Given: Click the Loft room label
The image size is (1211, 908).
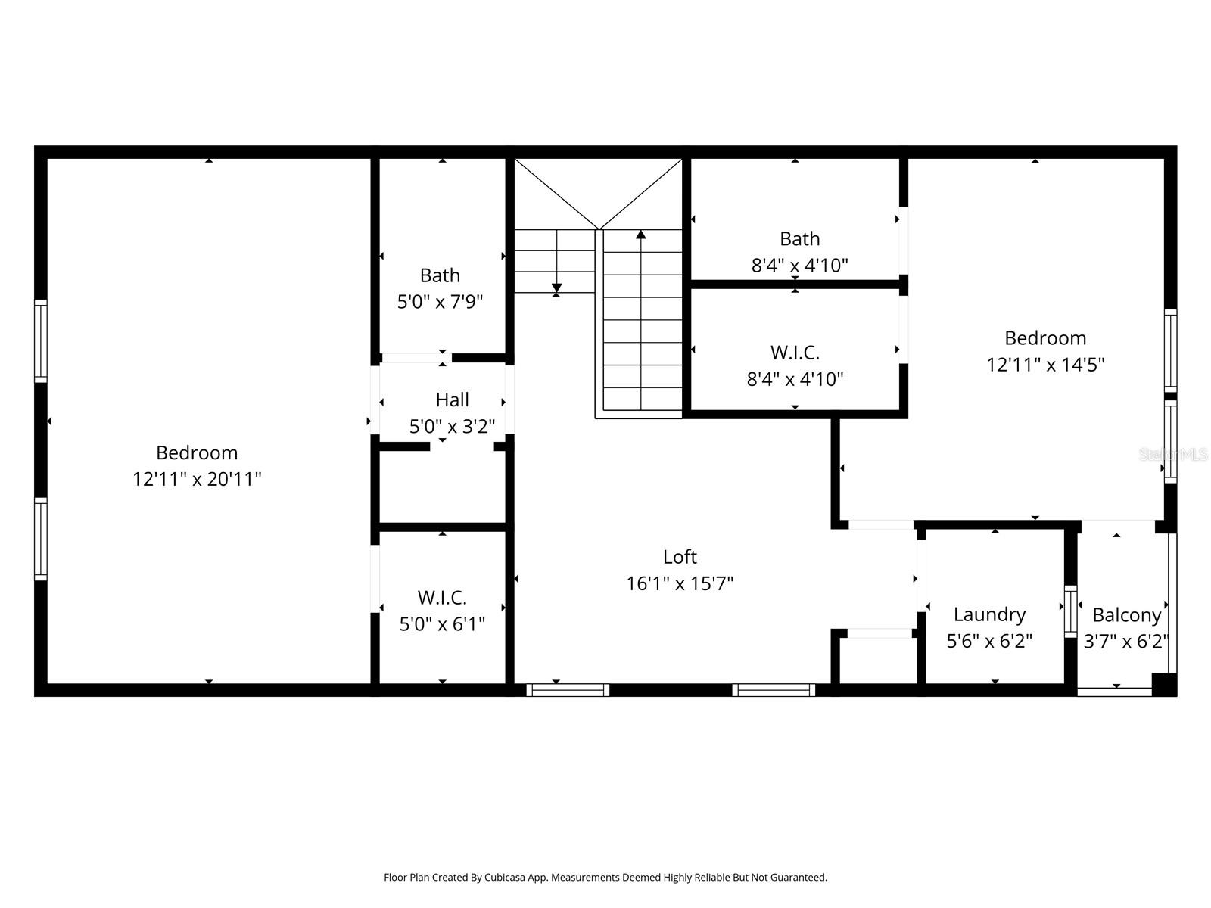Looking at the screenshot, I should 679,557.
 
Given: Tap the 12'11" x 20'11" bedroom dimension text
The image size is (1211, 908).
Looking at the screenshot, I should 197,479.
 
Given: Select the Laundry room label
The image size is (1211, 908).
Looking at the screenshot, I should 989,614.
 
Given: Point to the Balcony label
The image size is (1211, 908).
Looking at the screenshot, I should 1126,615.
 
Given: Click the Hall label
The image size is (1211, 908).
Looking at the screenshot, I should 452,400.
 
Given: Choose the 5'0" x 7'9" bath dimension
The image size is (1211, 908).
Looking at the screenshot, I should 440,302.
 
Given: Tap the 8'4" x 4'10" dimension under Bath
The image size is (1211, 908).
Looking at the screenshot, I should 799,266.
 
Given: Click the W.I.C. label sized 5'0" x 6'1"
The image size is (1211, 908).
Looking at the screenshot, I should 442,598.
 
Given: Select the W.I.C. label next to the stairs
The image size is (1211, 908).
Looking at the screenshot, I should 795,353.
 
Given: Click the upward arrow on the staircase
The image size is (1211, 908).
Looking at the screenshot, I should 641,235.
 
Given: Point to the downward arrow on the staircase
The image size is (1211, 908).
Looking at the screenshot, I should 556,288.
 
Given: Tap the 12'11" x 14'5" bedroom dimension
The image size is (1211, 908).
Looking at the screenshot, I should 1045,365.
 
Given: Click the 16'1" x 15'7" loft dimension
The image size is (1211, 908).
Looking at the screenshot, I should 679,583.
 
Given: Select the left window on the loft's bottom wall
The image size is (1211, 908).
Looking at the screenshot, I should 568,689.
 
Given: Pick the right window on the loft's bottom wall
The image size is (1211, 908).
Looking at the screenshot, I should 774,689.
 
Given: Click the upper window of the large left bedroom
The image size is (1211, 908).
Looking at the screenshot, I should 41,340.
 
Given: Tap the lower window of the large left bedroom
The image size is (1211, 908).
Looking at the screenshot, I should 41,539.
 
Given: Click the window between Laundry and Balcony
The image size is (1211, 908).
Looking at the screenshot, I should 1070,610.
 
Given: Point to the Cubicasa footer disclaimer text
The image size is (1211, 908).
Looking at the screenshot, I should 605,878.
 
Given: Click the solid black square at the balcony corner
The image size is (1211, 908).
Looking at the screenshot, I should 1163,684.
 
